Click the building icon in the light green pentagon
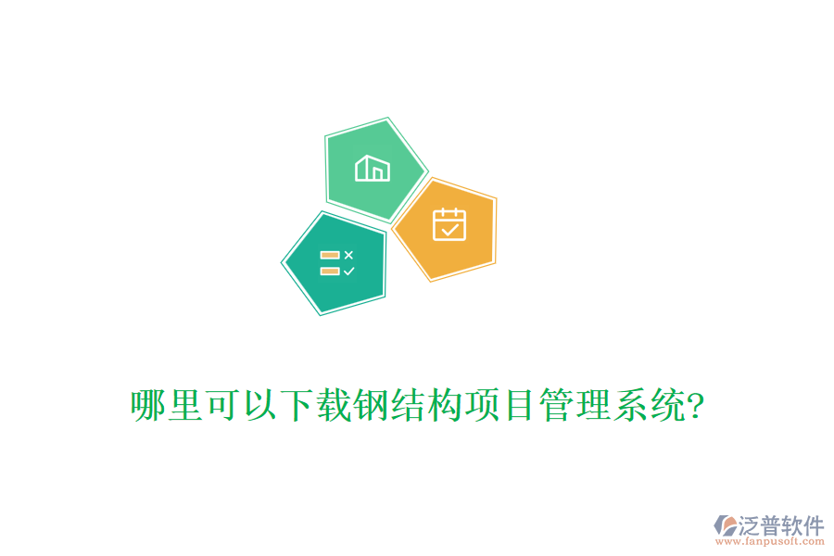tap(373, 169)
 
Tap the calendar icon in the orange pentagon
tap(449, 223)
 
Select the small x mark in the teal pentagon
tap(348, 255)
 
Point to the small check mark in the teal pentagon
tap(348, 272)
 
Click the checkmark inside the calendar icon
tap(449, 227)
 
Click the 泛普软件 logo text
tap(780, 525)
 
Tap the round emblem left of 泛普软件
tap(725, 526)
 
